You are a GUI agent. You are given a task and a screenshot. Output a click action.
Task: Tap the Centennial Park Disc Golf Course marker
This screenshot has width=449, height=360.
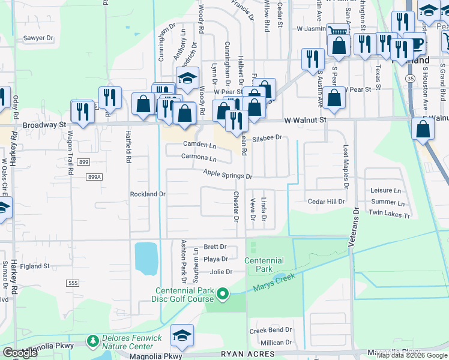[x=223, y=294]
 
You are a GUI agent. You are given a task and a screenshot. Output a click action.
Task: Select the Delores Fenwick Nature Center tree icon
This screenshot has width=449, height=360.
[x=92, y=341]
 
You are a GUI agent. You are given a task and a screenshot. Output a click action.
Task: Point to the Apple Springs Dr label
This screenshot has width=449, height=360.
[x=228, y=175]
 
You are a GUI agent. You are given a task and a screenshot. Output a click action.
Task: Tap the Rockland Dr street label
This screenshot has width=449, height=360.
[x=148, y=194]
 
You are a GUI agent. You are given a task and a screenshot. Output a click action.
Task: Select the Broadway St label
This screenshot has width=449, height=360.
[x=44, y=125]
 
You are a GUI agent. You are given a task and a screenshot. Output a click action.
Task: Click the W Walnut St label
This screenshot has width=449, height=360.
[x=305, y=120]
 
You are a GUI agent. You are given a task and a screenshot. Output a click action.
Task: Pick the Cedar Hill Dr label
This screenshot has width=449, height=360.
[x=327, y=202]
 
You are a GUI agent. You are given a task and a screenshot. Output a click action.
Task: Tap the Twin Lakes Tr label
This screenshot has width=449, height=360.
[x=389, y=214]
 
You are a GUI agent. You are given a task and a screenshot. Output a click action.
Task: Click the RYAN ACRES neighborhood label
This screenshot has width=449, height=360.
[x=247, y=355]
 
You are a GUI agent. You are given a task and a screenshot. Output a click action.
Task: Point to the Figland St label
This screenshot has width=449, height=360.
[x=34, y=266]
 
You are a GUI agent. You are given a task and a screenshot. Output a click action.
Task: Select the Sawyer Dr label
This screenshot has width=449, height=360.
[x=38, y=37]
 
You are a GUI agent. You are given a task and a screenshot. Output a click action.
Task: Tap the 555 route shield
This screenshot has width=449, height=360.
[x=72, y=282]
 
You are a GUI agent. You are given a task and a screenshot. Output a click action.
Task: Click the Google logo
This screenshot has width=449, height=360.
[x=20, y=353]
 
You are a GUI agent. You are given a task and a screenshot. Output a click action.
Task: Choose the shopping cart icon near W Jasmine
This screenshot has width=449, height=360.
[x=338, y=31]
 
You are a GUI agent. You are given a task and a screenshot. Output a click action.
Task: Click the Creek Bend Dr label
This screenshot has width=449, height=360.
[x=271, y=330]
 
